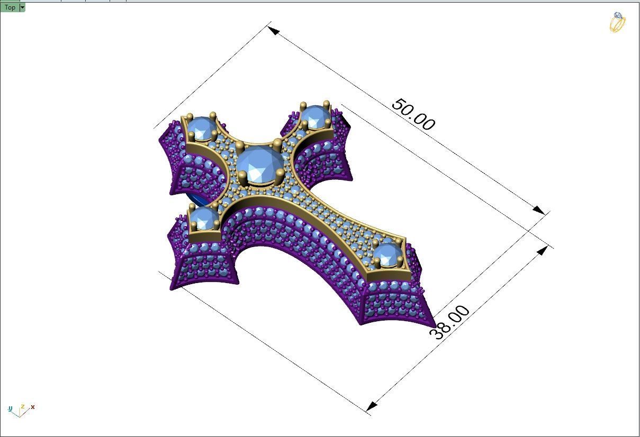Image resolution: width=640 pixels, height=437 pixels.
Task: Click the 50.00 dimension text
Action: point(413,114)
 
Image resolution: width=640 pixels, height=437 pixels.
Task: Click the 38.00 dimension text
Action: point(449,322)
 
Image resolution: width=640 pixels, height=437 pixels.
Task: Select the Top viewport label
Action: point(10,7)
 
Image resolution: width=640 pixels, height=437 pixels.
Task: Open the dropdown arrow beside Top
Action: point(22,7)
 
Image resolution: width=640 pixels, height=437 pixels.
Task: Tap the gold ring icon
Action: point(617,22)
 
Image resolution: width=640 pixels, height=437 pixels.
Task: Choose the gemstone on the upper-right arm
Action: point(316,116)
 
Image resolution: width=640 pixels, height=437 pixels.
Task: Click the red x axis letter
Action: point(33,407)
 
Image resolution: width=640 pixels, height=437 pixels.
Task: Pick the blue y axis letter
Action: point(10,408)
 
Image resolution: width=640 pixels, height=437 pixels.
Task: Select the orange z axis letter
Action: point(22,407)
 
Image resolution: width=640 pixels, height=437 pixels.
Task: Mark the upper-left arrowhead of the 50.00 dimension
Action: point(274,30)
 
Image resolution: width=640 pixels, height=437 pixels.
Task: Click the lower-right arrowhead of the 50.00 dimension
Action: point(538,210)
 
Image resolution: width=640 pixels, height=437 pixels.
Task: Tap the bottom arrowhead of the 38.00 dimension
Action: point(372,406)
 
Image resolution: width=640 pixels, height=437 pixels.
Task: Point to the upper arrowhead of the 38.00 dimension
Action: point(542,250)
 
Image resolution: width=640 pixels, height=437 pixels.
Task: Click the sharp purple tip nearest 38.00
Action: point(434,324)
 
